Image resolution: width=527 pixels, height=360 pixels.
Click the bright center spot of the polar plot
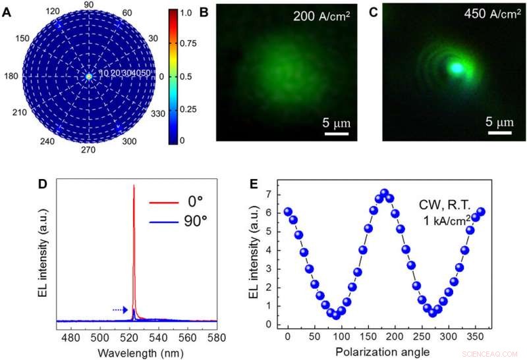tap(89, 76)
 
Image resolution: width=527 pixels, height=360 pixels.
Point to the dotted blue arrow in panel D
tap(119, 309)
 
